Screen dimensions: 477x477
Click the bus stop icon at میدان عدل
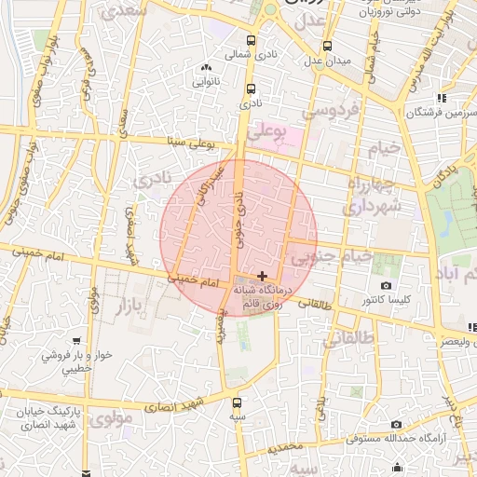327,47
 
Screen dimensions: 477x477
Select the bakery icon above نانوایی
207,68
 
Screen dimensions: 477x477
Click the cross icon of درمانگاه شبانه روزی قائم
263,276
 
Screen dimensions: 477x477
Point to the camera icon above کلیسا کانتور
386,285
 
